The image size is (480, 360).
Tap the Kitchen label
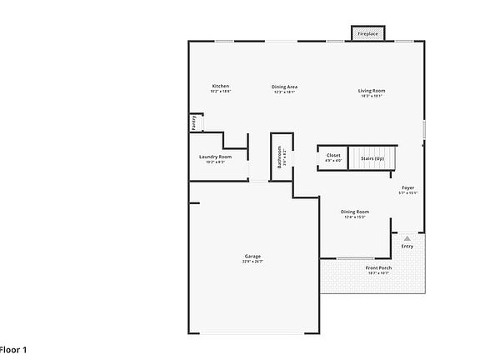(x=220, y=87)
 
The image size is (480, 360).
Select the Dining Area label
(x=285, y=87)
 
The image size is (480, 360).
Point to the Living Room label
(x=372, y=90)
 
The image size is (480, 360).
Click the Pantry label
(x=194, y=122)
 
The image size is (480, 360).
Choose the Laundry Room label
(x=215, y=157)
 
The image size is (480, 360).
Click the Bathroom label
(x=280, y=157)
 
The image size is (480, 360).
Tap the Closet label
(x=333, y=155)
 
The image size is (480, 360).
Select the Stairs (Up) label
(x=372, y=157)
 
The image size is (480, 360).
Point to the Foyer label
(x=407, y=187)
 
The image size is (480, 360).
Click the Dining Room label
(x=355, y=212)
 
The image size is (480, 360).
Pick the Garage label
(x=252, y=256)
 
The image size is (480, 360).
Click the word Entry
(x=407, y=247)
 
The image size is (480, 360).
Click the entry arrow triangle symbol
(x=407, y=238)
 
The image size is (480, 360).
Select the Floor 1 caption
(x=14, y=349)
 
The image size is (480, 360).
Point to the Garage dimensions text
(x=252, y=262)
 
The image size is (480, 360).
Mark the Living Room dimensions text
(x=372, y=96)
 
